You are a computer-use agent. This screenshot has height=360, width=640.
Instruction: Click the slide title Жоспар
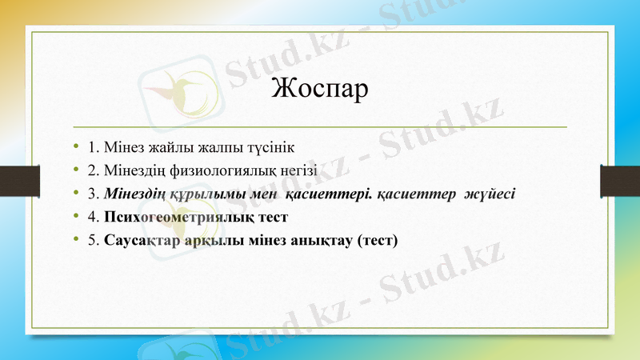320,89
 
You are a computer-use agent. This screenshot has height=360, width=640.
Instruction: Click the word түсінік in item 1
274,148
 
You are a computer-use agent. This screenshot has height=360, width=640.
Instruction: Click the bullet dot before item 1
75,148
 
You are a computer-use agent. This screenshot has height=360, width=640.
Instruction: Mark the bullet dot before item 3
75,194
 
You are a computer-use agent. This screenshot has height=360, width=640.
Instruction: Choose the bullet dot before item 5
75,239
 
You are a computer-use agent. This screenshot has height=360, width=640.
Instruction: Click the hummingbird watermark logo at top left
178,90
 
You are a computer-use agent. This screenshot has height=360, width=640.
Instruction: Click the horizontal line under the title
320,127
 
